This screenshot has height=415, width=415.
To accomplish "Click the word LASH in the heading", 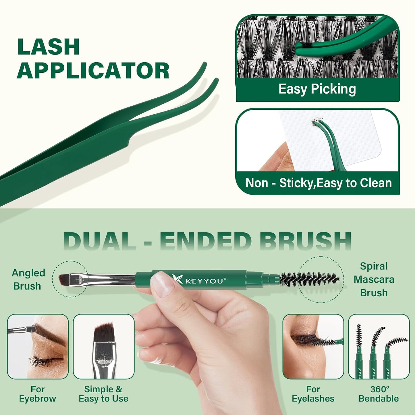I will pos(48,47).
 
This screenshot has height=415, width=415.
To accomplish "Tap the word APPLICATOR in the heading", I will pos(93,71).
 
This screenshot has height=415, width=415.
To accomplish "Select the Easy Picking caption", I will pos(317,89).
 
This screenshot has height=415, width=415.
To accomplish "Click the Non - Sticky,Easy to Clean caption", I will pos(319,183).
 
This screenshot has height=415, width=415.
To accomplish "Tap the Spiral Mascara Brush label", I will pos(374,279).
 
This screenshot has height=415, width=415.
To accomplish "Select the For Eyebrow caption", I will pos(37,394).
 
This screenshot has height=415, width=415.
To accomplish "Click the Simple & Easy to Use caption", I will pos(103,394).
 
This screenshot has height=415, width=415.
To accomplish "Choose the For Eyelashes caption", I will pos(313,394).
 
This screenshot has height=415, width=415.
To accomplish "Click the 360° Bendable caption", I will pos(379,394).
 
